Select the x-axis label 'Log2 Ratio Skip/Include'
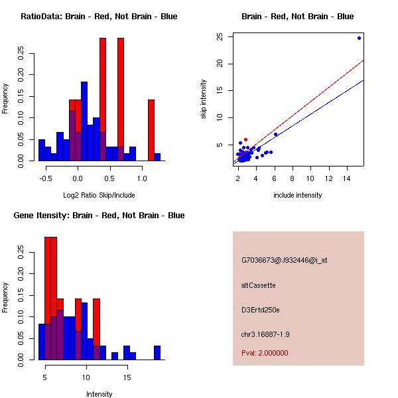pos(99,195)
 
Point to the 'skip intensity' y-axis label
pos(204,99)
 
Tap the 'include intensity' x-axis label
pos(298,195)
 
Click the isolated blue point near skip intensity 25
pos(359,38)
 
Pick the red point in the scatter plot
pos(245,140)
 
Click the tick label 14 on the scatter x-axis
pos(346,178)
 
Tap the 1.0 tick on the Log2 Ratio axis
pos(141,178)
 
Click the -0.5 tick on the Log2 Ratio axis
pos(45,178)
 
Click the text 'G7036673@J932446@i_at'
pos(284,260)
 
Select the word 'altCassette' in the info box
pos(258,285)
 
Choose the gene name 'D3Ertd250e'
pos(261,310)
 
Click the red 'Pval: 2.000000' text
pos(265,353)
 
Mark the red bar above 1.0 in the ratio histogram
pos(151,129)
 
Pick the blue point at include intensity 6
pos(275,135)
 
